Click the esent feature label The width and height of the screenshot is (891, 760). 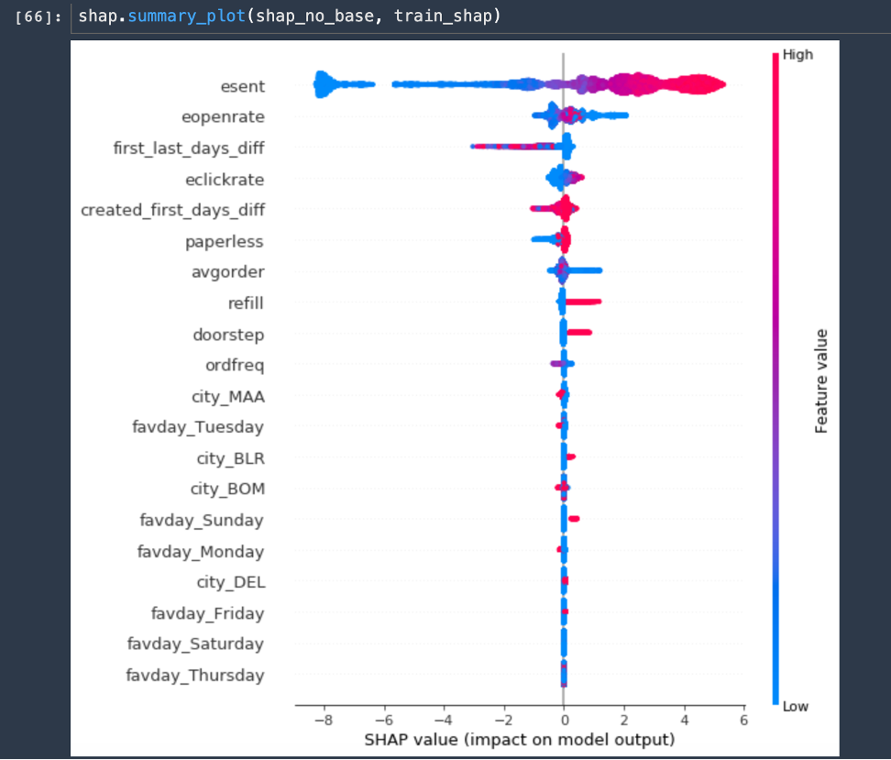242,86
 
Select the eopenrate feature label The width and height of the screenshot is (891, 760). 224,117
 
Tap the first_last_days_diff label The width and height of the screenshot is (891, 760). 189,148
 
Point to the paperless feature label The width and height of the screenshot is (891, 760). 224,241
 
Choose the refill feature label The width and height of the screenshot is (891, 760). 246,303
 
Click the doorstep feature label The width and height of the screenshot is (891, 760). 228,335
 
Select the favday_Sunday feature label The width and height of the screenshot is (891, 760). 202,520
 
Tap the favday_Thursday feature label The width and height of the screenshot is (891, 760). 195,676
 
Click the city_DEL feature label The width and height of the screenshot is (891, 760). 231,582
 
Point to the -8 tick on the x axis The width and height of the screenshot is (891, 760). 323,721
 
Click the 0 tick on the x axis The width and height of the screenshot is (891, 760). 564,721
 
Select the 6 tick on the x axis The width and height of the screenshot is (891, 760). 743,721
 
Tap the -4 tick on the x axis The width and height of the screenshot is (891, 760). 443,721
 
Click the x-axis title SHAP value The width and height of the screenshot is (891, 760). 519,739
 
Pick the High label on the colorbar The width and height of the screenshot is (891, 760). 797,55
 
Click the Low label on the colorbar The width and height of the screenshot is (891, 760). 796,706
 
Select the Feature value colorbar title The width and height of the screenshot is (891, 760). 821,380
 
